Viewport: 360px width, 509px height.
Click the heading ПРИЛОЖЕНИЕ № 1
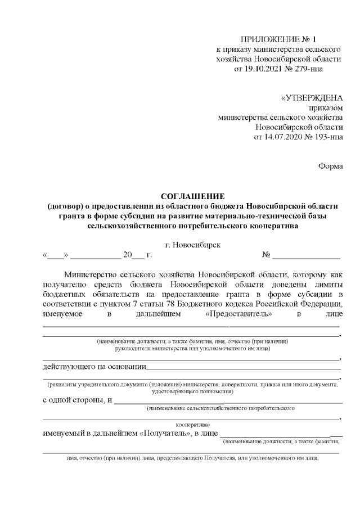pos(279,39)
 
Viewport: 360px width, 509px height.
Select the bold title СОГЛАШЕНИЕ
pos(193,196)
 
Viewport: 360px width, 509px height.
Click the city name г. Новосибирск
pos(193,245)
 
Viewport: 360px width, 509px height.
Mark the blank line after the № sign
pos(307,256)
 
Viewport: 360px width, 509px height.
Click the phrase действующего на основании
pos(94,368)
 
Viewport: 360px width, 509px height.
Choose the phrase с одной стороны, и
pos(77,400)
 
